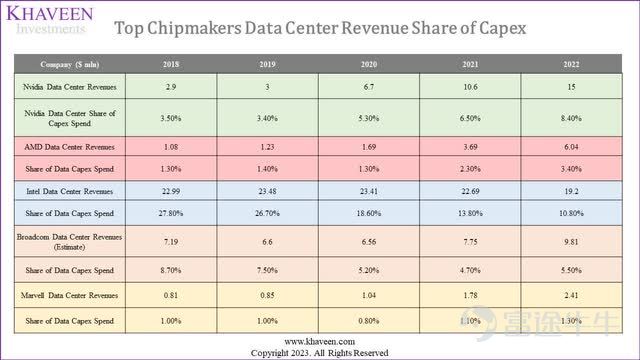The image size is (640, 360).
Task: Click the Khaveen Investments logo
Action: (50, 20)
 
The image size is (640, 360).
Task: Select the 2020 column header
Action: (369, 64)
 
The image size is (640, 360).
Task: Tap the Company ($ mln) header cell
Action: (70, 64)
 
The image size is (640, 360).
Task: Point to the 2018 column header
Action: (171, 64)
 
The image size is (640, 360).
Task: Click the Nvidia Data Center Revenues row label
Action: (70, 87)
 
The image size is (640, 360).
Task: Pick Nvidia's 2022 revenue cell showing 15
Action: (571, 87)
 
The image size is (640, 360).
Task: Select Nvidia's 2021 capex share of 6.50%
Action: (470, 118)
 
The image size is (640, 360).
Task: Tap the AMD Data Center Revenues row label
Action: (70, 147)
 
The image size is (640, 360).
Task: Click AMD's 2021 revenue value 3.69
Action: (470, 147)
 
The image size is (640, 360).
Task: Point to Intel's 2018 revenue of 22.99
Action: (171, 191)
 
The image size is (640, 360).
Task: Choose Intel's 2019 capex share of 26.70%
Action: (267, 213)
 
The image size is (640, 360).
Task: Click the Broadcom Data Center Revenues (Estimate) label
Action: (70, 242)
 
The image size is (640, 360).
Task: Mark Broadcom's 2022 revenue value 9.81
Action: (571, 242)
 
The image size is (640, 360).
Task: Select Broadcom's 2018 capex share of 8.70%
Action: (171, 270)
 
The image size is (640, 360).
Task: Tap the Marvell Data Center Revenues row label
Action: (70, 295)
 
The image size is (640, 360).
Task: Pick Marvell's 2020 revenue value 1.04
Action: (369, 295)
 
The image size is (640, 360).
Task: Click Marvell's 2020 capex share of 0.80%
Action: (369, 321)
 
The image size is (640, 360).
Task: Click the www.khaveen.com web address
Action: (320, 341)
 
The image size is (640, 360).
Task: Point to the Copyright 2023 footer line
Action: (320, 353)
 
